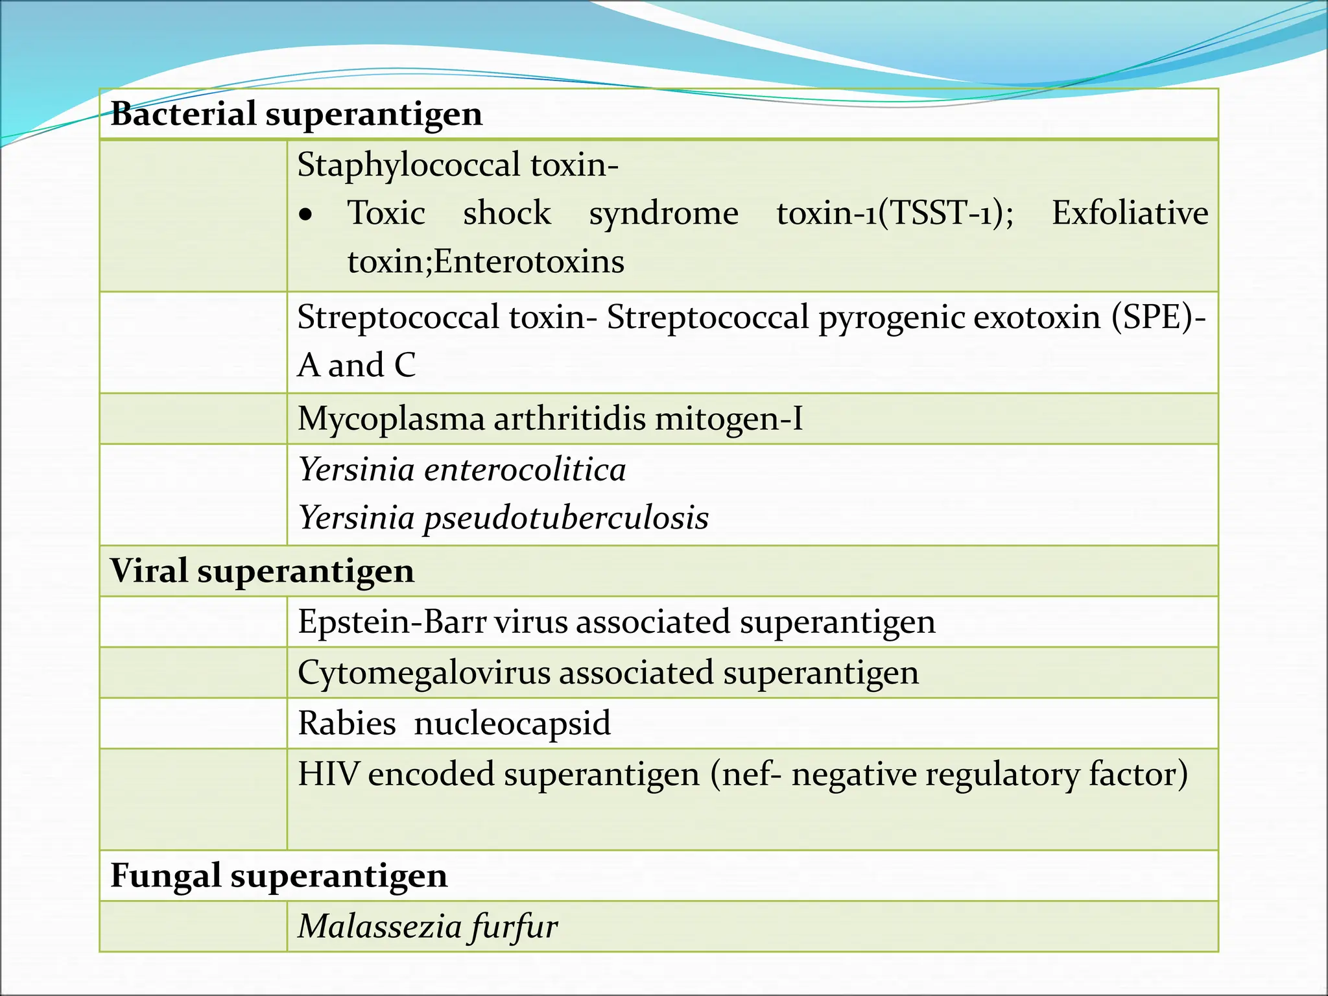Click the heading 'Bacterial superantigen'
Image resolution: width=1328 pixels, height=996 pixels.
[296, 114]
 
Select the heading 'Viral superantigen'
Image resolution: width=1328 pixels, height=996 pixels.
[262, 571]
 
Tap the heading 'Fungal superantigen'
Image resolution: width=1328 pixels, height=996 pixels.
[279, 875]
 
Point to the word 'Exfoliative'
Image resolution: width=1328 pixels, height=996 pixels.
[1130, 213]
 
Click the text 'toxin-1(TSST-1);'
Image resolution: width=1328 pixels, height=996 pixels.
[895, 213]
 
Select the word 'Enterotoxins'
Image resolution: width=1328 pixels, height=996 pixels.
[529, 262]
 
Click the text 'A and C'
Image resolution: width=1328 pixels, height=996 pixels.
[357, 365]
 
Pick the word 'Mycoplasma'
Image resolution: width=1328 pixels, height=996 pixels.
[391, 419]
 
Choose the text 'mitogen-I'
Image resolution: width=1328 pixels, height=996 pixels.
[729, 419]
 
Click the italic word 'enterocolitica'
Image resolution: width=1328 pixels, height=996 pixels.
[525, 469]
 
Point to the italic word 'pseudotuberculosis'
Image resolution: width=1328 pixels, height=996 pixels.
[566, 518]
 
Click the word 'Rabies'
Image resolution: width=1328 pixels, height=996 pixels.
[347, 723]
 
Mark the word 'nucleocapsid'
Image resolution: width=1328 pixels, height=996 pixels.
[512, 723]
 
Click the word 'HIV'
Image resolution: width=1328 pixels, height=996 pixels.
[328, 774]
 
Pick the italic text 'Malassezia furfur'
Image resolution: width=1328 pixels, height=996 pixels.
[428, 927]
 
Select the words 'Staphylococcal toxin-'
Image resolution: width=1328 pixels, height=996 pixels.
[458, 165]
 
